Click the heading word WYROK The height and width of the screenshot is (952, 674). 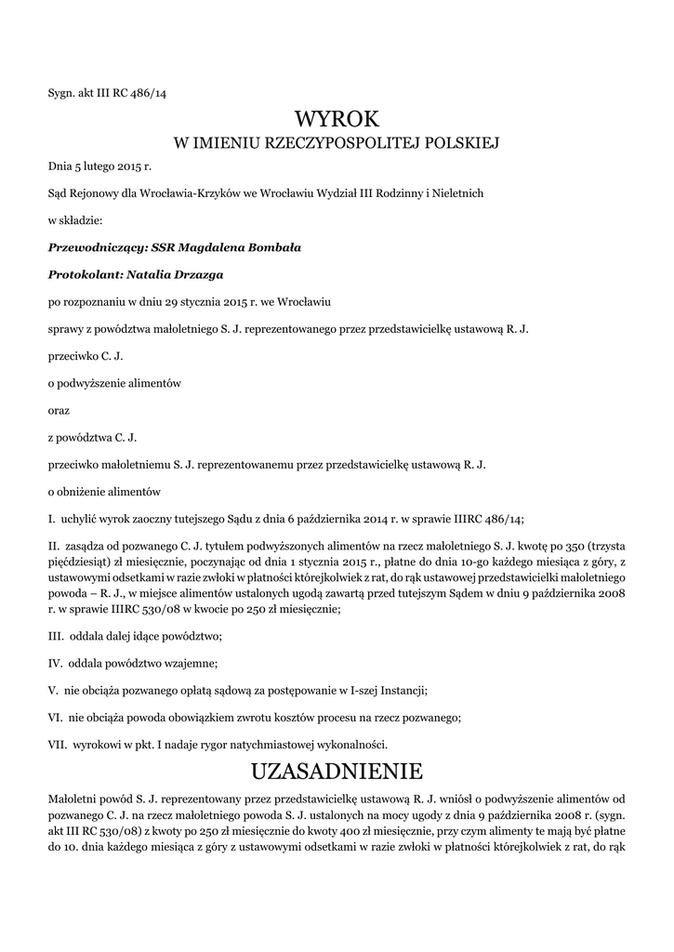pos(337,118)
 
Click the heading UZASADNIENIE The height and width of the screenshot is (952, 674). pos(337,771)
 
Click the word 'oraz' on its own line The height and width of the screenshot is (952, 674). pos(58,410)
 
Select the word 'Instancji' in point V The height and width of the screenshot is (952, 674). pos(401,690)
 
